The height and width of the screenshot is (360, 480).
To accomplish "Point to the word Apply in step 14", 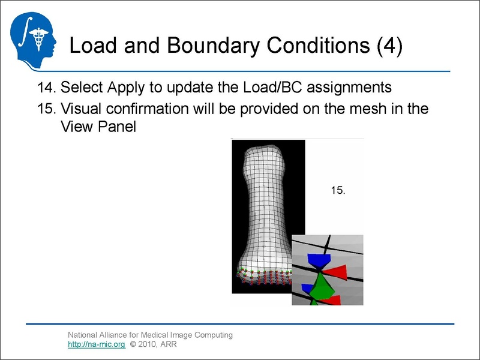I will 127,88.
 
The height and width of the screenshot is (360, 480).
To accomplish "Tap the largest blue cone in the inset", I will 318,261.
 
